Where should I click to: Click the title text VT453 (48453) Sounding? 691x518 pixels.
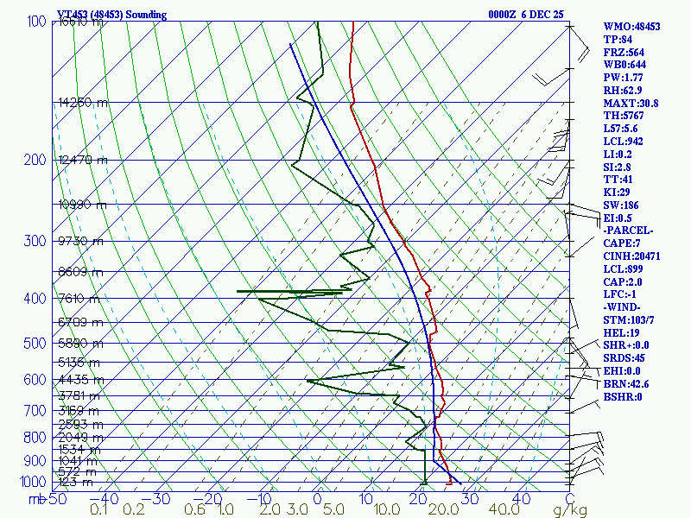pyautogui.click(x=111, y=15)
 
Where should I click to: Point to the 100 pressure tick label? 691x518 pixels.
pyautogui.click(x=36, y=22)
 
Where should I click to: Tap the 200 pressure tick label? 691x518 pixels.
pyautogui.click(x=36, y=161)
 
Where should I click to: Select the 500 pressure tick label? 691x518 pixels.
pyautogui.click(x=36, y=344)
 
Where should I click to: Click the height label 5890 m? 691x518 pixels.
pyautogui.click(x=79, y=343)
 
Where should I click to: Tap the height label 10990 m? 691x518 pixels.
pyautogui.click(x=83, y=205)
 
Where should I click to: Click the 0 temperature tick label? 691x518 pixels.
pyautogui.click(x=317, y=499)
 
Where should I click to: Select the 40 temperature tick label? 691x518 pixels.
pyautogui.click(x=521, y=499)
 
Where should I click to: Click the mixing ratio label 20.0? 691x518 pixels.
pyautogui.click(x=448, y=510)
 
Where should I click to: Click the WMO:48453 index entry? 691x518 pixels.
pyautogui.click(x=631, y=27)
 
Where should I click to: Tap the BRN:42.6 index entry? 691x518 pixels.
pyautogui.click(x=626, y=384)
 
